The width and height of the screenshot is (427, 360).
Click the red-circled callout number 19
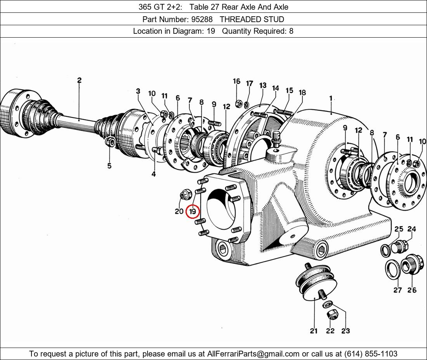pyautogui.click(x=193, y=211)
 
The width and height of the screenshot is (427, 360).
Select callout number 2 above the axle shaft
pyautogui.click(x=79, y=80)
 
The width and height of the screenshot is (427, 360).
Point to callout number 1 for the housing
pyautogui.click(x=331, y=98)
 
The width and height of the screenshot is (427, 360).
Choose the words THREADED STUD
pyautogui.click(x=252, y=19)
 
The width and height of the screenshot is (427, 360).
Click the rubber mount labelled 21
pyautogui.click(x=316, y=281)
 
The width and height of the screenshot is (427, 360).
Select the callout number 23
pyautogui.click(x=345, y=331)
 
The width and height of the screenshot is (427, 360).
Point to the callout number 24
pyautogui.click(x=411, y=229)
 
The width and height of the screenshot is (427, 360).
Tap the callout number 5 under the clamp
pyautogui.click(x=109, y=166)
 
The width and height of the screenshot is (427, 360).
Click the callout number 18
pyautogui.click(x=302, y=92)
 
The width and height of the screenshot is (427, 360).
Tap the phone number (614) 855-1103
pyautogui.click(x=371, y=354)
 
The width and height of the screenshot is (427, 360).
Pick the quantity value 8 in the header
pyautogui.click(x=291, y=31)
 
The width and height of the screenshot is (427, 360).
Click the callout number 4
pyautogui.click(x=154, y=174)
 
